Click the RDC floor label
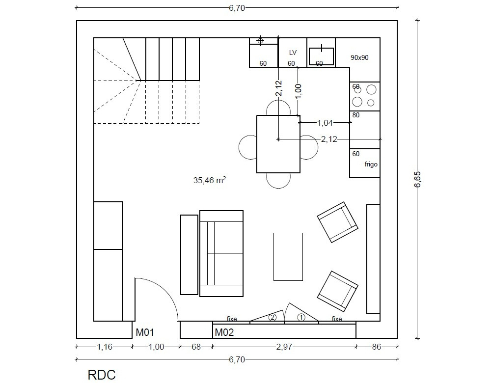[x=102, y=375]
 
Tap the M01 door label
[x=145, y=332]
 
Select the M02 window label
[x=224, y=332]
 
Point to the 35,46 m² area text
[x=210, y=180]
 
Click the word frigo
[x=371, y=164]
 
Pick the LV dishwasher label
[x=293, y=53]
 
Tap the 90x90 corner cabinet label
[x=359, y=57]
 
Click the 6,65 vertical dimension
[x=417, y=179]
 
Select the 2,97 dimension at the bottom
[x=284, y=347]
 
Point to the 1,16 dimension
[x=105, y=347]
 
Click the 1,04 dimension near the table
[x=325, y=123]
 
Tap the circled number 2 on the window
[x=273, y=318]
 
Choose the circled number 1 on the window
[x=301, y=318]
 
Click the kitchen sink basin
[x=321, y=56]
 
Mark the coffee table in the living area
[x=288, y=257]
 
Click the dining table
[x=278, y=144]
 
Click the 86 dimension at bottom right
[x=377, y=347]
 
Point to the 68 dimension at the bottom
[x=196, y=347]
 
